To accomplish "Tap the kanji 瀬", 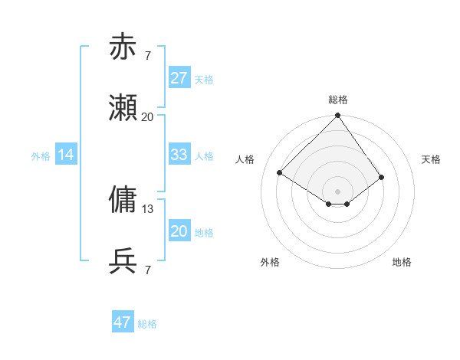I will (x=123, y=110).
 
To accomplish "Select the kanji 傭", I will (x=123, y=199).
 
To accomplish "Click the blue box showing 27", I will (x=179, y=78).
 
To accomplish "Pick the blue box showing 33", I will (x=179, y=155).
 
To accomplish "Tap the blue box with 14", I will (x=66, y=155).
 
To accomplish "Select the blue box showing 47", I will (x=123, y=322).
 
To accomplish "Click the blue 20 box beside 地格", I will (x=179, y=231).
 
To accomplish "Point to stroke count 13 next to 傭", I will (x=148, y=208).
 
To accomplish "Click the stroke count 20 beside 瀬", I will (x=148, y=117).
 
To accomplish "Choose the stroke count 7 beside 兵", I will (x=148, y=270).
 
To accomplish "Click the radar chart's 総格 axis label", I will (x=338, y=100).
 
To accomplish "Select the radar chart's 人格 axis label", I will (x=245, y=159).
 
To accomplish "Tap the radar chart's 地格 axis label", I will (x=402, y=262).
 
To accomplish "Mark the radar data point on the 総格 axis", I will (x=338, y=116).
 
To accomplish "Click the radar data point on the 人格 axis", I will (x=280, y=173).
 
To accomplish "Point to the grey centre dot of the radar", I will (x=338, y=191).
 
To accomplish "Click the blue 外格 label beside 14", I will (x=41, y=155).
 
